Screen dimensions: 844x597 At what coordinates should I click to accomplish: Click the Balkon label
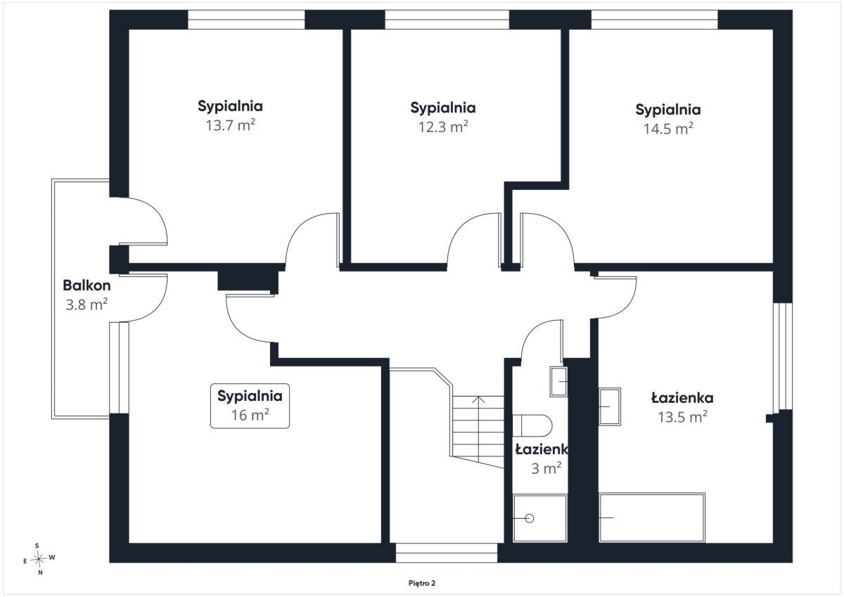(87, 285)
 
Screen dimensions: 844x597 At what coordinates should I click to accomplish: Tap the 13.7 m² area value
(230, 125)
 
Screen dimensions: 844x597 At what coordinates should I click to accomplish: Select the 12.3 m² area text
(443, 127)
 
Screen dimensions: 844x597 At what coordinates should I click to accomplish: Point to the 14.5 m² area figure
(668, 129)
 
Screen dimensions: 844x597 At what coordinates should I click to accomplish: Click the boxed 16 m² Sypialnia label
(250, 406)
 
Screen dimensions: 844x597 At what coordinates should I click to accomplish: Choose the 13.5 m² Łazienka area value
(682, 417)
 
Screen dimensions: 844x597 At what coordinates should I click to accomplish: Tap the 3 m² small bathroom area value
(546, 468)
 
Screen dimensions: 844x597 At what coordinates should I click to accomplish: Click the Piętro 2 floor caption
(422, 583)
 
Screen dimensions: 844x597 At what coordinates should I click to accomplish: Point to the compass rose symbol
(39, 559)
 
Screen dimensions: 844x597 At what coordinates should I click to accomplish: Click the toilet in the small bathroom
(532, 425)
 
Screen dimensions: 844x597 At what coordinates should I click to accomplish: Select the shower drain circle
(530, 519)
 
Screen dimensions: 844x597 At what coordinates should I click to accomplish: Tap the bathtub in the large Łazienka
(652, 518)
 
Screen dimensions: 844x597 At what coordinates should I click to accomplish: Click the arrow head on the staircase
(478, 399)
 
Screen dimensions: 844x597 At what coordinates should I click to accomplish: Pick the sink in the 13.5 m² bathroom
(610, 406)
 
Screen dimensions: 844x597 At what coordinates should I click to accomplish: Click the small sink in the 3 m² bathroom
(558, 382)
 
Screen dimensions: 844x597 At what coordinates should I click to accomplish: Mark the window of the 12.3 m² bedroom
(447, 20)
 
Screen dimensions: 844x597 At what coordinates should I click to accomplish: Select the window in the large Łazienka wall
(783, 356)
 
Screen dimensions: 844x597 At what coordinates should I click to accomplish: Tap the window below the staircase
(447, 553)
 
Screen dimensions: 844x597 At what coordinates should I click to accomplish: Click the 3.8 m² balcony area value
(87, 304)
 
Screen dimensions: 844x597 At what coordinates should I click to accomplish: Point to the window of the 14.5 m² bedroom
(655, 20)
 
